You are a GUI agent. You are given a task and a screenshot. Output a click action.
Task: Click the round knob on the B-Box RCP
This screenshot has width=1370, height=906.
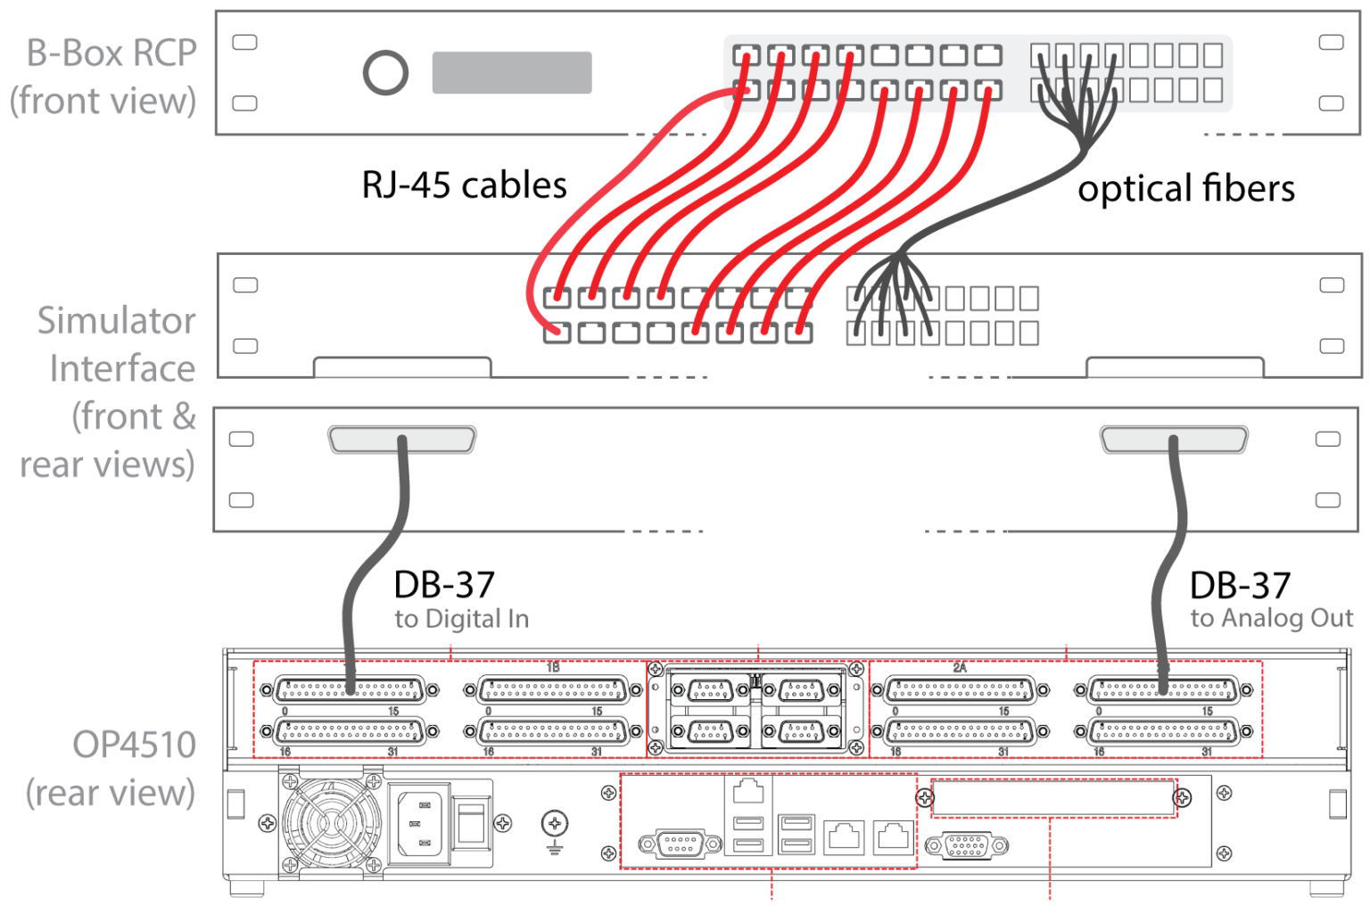[x=385, y=73]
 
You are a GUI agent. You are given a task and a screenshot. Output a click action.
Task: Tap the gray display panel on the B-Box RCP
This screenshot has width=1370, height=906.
[x=511, y=72]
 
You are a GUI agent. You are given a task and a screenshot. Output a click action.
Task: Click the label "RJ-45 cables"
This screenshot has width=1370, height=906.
[x=464, y=185]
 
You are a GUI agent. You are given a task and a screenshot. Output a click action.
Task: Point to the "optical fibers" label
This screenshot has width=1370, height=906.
[x=1185, y=189]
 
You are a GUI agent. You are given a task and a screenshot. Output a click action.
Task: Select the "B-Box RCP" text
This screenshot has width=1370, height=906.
[x=111, y=54]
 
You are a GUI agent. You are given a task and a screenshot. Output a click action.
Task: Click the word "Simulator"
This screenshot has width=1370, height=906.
[x=116, y=320]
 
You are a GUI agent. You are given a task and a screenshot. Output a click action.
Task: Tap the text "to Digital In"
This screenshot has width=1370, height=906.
[x=461, y=619]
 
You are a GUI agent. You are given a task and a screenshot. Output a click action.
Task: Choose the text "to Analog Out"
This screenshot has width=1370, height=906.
[x=1271, y=618]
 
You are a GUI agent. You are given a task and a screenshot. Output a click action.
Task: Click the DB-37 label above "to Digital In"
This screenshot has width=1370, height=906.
[x=444, y=585]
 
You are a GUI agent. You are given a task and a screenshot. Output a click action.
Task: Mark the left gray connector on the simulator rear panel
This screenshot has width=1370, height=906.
[x=401, y=439]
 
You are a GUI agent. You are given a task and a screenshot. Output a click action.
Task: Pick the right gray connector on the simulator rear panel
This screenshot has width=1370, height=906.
[x=1173, y=439]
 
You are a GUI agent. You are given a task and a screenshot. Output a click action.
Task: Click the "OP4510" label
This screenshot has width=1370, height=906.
[x=134, y=745]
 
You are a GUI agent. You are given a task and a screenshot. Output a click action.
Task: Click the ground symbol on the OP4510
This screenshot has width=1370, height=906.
[x=555, y=828]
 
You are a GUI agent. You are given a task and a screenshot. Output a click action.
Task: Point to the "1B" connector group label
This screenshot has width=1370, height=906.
[x=553, y=667]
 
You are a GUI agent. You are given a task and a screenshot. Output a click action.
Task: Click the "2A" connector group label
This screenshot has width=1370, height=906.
[x=960, y=667]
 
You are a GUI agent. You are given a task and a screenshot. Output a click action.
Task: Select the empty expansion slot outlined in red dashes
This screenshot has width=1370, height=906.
[x=1052, y=798]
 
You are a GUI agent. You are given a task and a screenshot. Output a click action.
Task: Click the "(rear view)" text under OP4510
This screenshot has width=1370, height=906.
[x=110, y=793]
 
